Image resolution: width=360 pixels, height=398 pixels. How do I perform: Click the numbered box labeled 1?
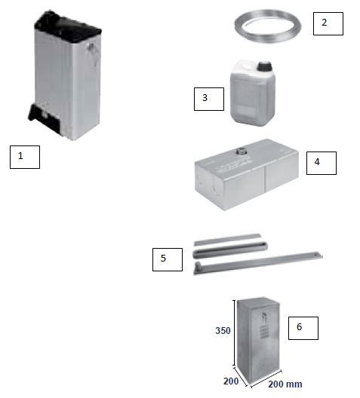pos(25,157)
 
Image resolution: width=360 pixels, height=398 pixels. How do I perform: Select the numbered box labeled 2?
pos(328,23)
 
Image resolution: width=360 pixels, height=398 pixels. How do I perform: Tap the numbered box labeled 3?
pos(209,99)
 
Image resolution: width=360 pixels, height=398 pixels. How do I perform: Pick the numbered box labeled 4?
pos(322,164)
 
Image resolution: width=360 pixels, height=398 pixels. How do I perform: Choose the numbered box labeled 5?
pos(168,259)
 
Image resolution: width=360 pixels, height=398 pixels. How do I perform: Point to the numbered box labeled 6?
pos(303,328)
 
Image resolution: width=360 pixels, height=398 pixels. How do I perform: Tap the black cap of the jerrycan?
pos(264,66)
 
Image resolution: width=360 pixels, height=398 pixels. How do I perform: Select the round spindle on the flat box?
pos(240,152)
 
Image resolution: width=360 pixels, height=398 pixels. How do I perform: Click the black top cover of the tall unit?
pos(67,26)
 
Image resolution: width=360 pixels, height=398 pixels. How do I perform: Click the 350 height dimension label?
pos(223,330)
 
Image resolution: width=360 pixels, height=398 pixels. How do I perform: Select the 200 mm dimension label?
pos(285,384)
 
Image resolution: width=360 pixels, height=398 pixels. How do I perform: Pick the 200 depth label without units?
pos(231,381)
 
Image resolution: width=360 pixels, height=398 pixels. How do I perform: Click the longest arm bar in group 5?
pos(258,263)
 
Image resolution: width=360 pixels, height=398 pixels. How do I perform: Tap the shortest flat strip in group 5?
pos(228,240)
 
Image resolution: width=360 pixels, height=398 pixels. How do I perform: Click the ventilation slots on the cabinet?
pos(264,332)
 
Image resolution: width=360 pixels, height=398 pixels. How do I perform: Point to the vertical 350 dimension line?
pos(234,332)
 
